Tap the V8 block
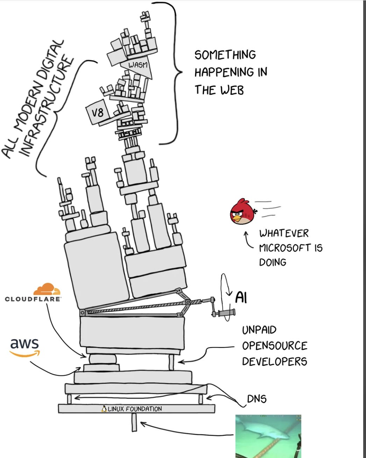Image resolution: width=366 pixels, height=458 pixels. point(97,113)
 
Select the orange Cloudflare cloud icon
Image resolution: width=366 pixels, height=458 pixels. point(47,289)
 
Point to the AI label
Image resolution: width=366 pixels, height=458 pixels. point(241,298)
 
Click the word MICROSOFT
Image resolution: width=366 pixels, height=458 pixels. point(285,248)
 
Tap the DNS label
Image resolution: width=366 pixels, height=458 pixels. point(256,399)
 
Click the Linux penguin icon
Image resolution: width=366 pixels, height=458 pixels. point(104,409)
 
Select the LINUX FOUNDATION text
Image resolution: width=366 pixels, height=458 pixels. point(135,409)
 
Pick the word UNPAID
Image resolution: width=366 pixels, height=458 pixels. point(259,330)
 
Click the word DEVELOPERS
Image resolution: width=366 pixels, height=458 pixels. point(274,361)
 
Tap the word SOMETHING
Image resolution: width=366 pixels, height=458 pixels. point(225,55)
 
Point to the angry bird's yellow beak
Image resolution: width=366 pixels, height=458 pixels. point(238,219)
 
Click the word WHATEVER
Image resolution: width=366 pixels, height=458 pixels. point(284,233)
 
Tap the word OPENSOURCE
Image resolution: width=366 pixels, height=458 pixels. point(274,346)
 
